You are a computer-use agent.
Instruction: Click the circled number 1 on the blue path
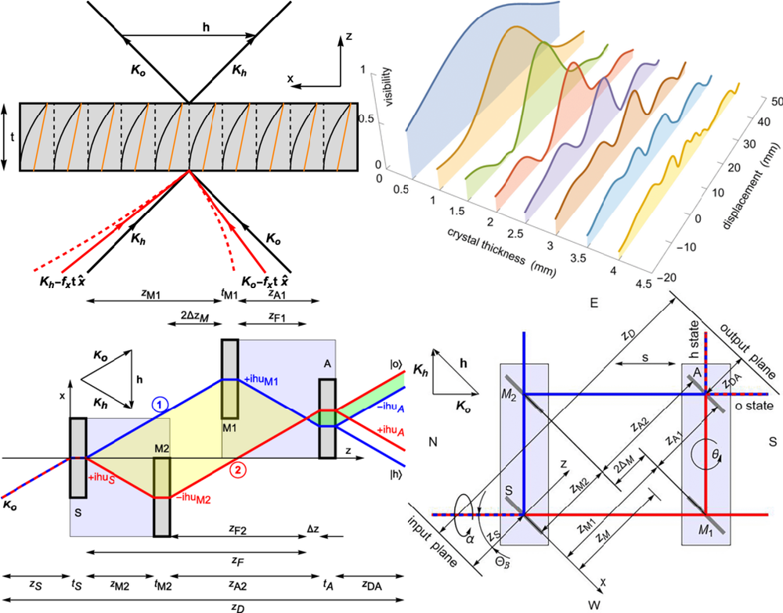click(x=159, y=405)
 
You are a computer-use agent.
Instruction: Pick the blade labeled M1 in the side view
click(x=229, y=380)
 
